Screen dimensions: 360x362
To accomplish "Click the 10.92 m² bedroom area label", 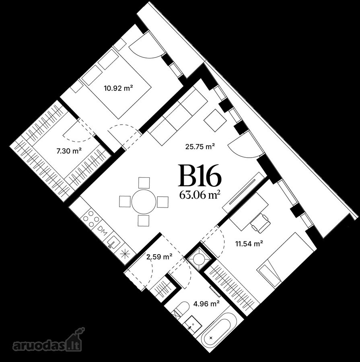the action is pyautogui.click(x=119, y=88).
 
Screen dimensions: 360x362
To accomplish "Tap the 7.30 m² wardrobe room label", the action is pyautogui.click(x=69, y=151).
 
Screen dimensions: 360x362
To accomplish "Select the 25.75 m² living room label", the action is pyautogui.click(x=200, y=146).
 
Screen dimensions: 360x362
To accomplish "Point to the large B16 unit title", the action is pyautogui.click(x=200, y=176).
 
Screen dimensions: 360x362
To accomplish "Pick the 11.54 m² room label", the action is pyautogui.click(x=249, y=243).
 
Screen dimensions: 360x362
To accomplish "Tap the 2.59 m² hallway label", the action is pyautogui.click(x=160, y=257).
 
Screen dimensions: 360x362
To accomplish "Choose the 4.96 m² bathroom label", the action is pyautogui.click(x=206, y=304).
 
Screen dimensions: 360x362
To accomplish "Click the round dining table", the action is pyautogui.click(x=144, y=202).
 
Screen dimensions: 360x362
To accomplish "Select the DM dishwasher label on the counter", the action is pyautogui.click(x=102, y=229).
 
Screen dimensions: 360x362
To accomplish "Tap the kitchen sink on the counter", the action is pyautogui.click(x=114, y=241).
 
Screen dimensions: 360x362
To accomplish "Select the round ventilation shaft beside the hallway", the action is pyautogui.click(x=199, y=258).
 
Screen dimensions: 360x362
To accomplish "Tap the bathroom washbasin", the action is pyautogui.click(x=193, y=324).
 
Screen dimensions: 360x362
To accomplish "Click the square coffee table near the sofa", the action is pyautogui.click(x=215, y=120).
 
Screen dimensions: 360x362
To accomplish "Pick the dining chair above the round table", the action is pyautogui.click(x=144, y=183).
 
